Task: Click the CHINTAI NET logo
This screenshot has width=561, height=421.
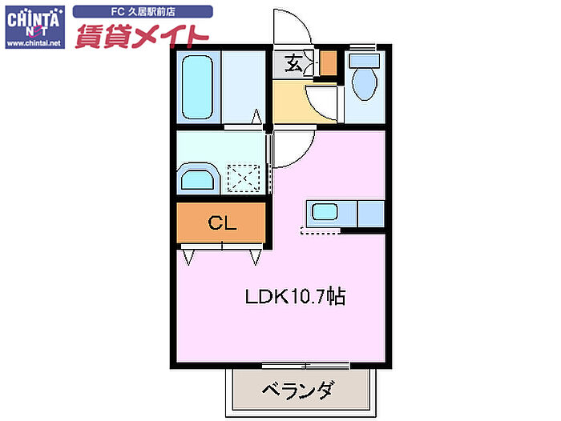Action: pyautogui.click(x=35, y=27)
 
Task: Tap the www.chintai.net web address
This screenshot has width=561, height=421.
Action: pyautogui.click(x=34, y=43)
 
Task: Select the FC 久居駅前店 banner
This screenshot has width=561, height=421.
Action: pyautogui.click(x=143, y=12)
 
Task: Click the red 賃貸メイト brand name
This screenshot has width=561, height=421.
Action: pyautogui.click(x=142, y=36)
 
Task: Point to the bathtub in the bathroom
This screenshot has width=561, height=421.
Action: pyautogui.click(x=197, y=87)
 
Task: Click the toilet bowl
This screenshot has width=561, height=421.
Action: pyautogui.click(x=365, y=83)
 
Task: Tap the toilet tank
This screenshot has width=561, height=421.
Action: pyautogui.click(x=364, y=61)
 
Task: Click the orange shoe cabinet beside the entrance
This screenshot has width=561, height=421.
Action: pyautogui.click(x=328, y=63)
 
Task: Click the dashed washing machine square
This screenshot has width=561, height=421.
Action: pyautogui.click(x=244, y=178)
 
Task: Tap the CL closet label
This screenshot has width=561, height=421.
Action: pyautogui.click(x=222, y=223)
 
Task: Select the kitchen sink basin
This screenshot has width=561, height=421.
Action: pyautogui.click(x=325, y=211)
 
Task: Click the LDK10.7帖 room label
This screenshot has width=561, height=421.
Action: pyautogui.click(x=296, y=296)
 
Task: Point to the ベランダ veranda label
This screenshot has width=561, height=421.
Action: pyautogui.click(x=299, y=390)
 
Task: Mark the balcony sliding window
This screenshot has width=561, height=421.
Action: pyautogui.click(x=305, y=366)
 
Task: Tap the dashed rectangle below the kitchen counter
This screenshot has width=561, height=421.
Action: pyautogui.click(x=321, y=231)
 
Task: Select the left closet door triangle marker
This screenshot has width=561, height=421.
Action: pyautogui.click(x=188, y=257)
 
